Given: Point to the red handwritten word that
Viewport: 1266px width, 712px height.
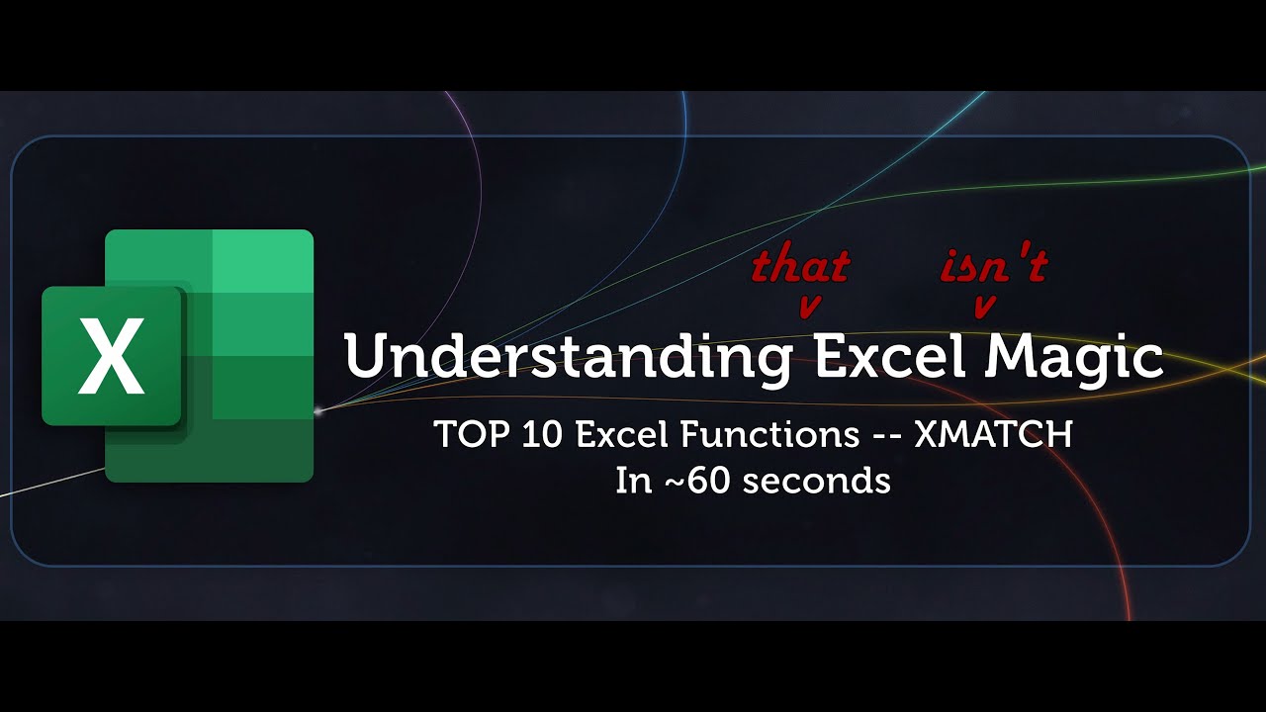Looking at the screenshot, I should [801, 266].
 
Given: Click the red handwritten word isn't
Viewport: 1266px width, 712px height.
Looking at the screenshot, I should [992, 266].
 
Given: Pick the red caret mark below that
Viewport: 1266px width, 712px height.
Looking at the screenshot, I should [808, 308].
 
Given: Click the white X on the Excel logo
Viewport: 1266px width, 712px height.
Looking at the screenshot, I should [111, 356].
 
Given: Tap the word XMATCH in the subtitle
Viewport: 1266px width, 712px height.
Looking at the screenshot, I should [993, 435].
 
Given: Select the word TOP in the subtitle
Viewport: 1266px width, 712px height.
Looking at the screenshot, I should [465, 435].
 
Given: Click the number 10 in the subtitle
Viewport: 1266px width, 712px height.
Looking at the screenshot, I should [526, 435].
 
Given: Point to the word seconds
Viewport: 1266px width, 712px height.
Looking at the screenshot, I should [816, 481].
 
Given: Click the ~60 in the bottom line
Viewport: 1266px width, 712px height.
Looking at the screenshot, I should [697, 481].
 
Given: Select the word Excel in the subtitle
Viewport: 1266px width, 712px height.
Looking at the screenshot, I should [616, 435].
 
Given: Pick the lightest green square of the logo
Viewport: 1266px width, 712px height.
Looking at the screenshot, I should [263, 262].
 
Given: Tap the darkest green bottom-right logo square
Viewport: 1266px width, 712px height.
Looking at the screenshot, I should [263, 451].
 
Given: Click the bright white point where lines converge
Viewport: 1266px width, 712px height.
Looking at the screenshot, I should [317, 407].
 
